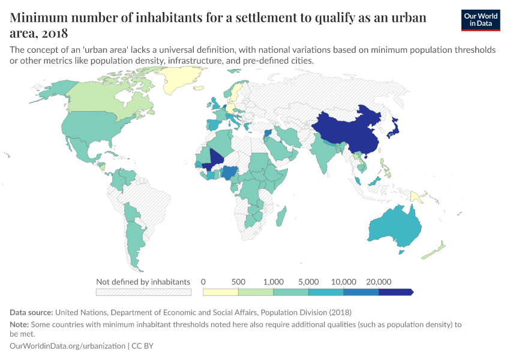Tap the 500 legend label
pyautogui.click(x=238, y=281)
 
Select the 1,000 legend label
pyautogui.click(x=273, y=281)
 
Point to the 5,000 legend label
pyautogui.click(x=308, y=281)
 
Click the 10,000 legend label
pyautogui.click(x=343, y=281)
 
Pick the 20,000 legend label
pyautogui.click(x=379, y=281)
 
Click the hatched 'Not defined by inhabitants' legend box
pyautogui.click(x=143, y=292)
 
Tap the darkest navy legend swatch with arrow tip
pyautogui.click(x=396, y=292)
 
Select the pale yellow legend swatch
pyautogui.click(x=221, y=292)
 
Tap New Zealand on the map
pyautogui.click(x=436, y=249)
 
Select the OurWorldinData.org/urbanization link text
pyautogui.click(x=68, y=346)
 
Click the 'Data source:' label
pyautogui.click(x=31, y=313)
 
